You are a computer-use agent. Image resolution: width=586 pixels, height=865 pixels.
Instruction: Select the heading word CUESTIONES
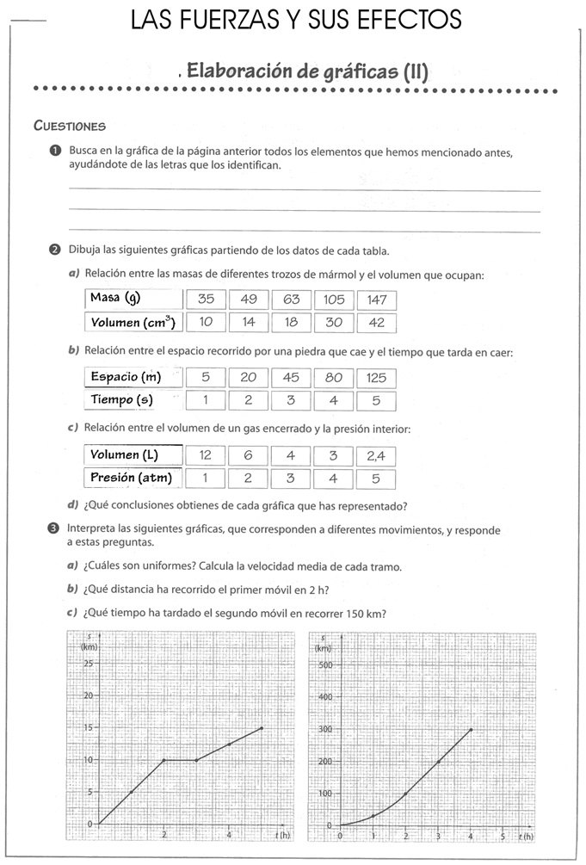(70, 126)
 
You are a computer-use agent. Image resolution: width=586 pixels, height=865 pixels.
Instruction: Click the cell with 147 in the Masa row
(377, 300)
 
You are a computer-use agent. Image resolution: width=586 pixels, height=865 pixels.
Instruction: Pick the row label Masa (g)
(133, 299)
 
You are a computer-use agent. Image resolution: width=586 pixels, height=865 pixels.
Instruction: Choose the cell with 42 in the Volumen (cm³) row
(377, 323)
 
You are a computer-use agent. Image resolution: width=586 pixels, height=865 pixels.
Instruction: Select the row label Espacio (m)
(133, 376)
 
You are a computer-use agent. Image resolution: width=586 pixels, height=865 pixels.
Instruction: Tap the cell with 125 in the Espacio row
(377, 377)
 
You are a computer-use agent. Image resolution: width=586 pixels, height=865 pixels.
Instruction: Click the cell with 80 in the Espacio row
(334, 377)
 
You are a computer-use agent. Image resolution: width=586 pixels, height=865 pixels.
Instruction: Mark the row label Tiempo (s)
(133, 400)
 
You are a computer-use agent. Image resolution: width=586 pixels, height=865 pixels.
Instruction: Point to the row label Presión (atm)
(133, 479)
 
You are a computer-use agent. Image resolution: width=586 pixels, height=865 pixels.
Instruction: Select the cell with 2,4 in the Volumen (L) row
(377, 455)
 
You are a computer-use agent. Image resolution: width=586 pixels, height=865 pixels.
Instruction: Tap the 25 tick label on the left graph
(89, 664)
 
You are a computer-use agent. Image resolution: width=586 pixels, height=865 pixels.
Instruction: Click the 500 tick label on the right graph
(324, 664)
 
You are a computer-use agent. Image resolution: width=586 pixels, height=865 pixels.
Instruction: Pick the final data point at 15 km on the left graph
(262, 728)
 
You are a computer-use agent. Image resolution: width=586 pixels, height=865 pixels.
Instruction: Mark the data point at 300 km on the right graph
(471, 729)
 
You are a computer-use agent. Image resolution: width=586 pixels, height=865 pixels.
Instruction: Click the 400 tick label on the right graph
(324, 697)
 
